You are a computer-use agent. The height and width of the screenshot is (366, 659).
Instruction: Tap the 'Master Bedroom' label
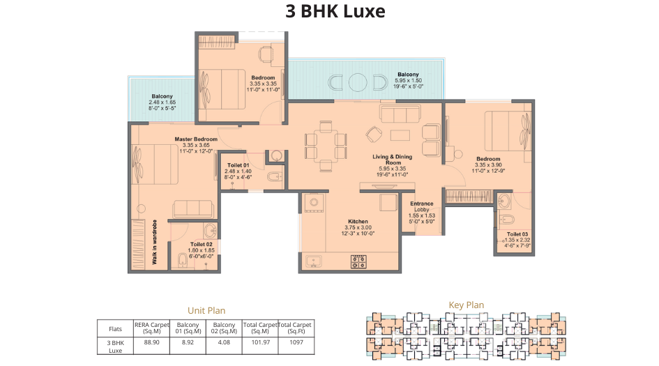[196, 139]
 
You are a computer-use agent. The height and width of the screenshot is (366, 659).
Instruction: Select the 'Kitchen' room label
[358, 222]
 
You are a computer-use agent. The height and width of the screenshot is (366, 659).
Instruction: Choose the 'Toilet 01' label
[238, 165]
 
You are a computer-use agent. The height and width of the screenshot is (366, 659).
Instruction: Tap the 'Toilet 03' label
[517, 234]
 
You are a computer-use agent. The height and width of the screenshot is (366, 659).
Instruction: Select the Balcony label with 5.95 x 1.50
[408, 75]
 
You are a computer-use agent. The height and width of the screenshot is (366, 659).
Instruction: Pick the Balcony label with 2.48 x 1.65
[162, 96]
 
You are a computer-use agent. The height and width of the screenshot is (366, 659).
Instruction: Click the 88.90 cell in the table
[147, 342]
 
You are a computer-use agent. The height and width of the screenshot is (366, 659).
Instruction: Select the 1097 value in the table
[296, 342]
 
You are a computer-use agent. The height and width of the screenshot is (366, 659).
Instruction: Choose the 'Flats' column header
[115, 328]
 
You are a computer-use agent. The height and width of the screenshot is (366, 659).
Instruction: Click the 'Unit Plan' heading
[206, 310]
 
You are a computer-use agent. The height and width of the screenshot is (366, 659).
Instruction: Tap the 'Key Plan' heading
[466, 305]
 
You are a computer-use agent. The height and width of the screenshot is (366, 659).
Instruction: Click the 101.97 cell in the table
[259, 342]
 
